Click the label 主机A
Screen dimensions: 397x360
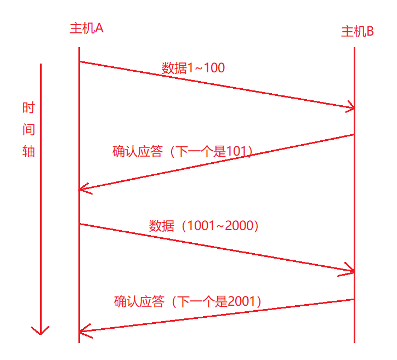pyautogui.click(x=87, y=28)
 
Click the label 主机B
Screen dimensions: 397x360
pyautogui.click(x=357, y=32)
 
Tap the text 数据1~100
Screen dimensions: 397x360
pyautogui.click(x=193, y=68)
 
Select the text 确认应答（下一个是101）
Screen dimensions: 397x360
pyautogui.click(x=183, y=152)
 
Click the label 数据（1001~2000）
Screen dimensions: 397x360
pyautogui.click(x=203, y=226)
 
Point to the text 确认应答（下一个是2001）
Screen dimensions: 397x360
pyautogui.click(x=188, y=301)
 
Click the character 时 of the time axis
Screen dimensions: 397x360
pyautogui.click(x=29, y=107)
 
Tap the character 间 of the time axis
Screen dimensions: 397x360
pyautogui.click(x=29, y=129)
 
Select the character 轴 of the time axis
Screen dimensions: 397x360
pyautogui.click(x=29, y=152)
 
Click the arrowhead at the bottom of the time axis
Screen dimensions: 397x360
pyautogui.click(x=41, y=331)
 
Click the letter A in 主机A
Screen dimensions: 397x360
pyautogui.click(x=99, y=28)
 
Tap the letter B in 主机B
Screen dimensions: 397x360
pyautogui.click(x=370, y=32)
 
